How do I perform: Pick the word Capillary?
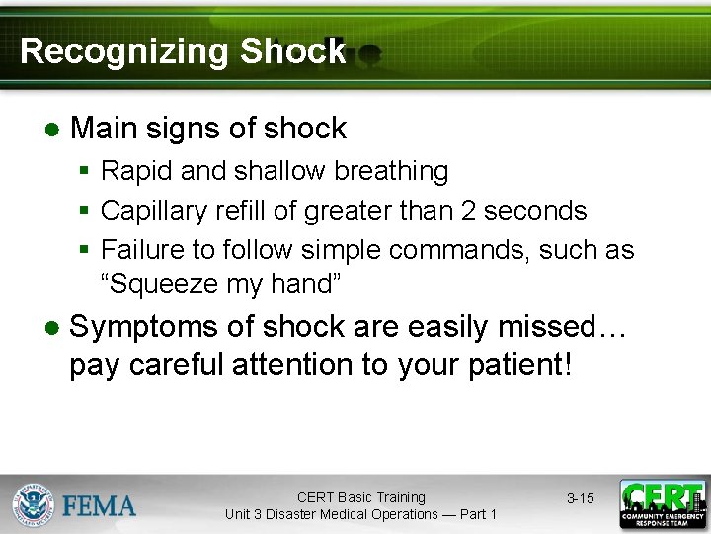tap(151, 212)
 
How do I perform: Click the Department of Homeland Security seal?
tap(33, 504)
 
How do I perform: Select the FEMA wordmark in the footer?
tap(100, 506)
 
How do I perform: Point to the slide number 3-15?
tap(581, 498)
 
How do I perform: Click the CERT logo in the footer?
tap(662, 503)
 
